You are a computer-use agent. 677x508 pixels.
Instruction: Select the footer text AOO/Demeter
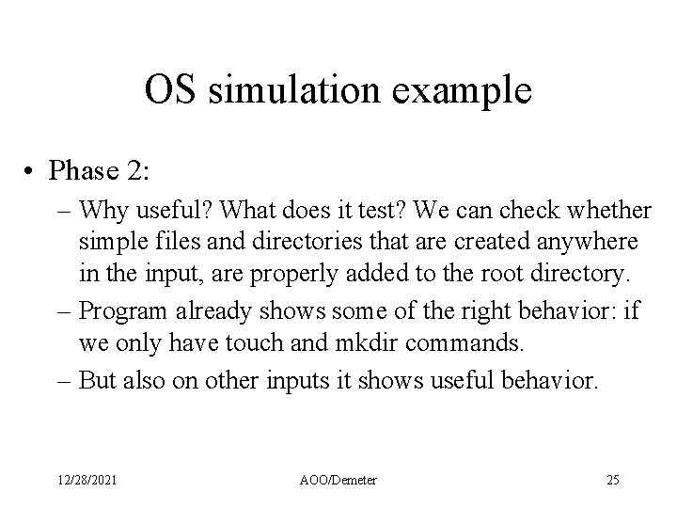click(x=338, y=481)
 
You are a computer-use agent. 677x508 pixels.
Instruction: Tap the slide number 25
click(x=612, y=481)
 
